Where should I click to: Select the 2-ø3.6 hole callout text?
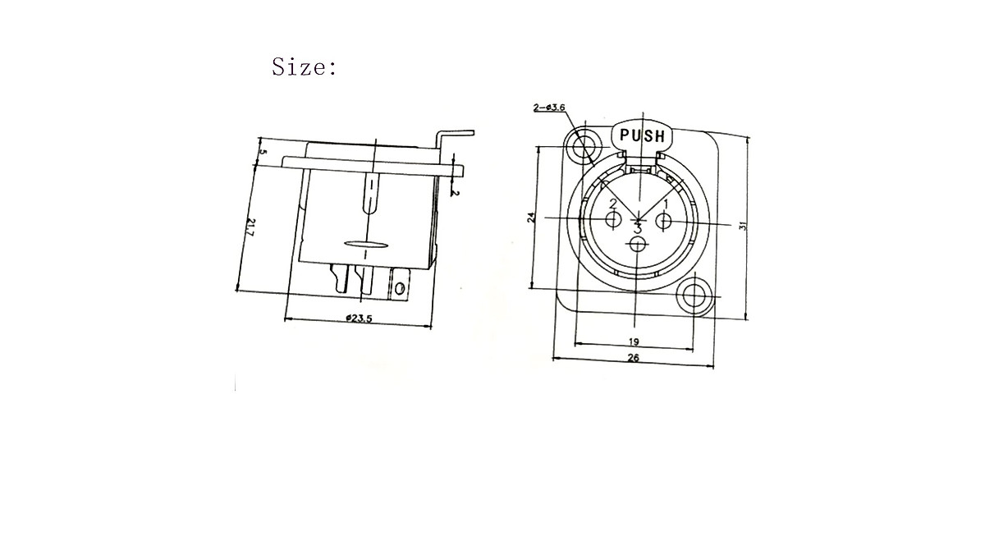[549, 108]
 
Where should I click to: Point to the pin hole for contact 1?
[664, 220]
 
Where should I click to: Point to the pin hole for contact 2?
[613, 220]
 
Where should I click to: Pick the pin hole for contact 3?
[638, 245]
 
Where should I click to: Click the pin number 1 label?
[667, 203]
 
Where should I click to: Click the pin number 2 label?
[612, 203]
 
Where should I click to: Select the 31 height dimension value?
[743, 224]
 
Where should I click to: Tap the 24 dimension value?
[532, 218]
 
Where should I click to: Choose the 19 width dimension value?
[634, 341]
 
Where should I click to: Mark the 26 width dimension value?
[633, 358]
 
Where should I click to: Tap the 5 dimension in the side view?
[262, 151]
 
